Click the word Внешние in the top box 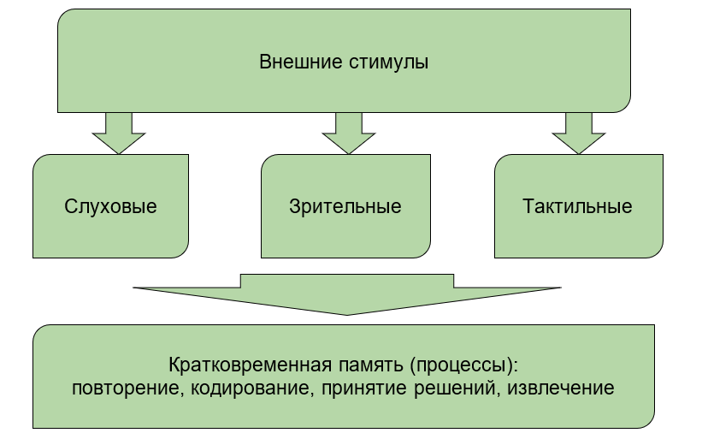[300, 62]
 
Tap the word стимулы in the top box [388, 62]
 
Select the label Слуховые [110, 206]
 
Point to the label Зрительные [345, 206]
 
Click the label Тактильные [577, 206]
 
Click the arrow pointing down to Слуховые [119, 133]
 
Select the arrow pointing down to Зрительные [349, 133]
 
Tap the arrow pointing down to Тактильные [579, 133]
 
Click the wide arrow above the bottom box [347, 294]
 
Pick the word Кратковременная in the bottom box [251, 365]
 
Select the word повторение [126, 389]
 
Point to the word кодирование [250, 389]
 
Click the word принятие [364, 389]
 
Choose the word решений [454, 389]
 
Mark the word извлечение [561, 389]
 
